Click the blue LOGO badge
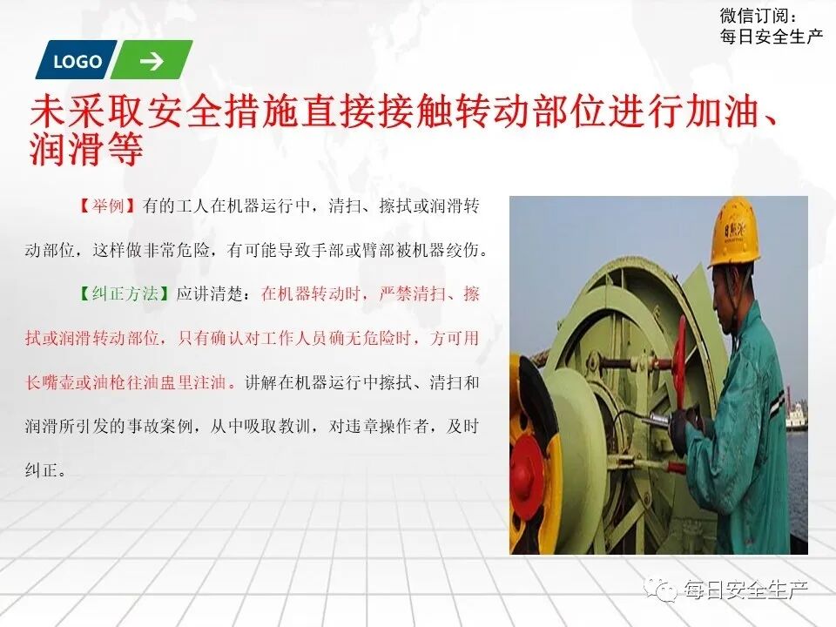[76, 61]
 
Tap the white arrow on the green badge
[152, 61]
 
